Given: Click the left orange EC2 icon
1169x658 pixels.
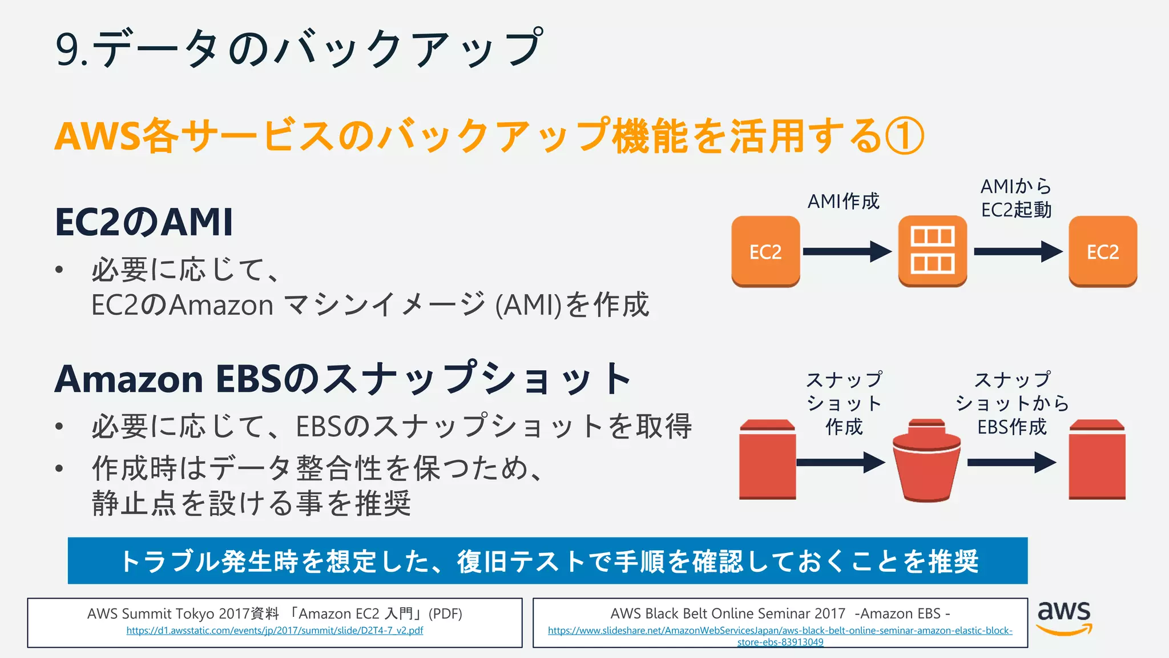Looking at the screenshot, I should tap(765, 251).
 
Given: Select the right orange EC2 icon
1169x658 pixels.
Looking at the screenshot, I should tap(1102, 251).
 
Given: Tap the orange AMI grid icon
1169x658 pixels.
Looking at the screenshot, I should tap(932, 251).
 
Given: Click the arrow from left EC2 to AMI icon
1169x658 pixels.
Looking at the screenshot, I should tap(846, 251).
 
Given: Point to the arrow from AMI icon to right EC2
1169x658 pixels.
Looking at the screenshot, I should tap(1018, 251).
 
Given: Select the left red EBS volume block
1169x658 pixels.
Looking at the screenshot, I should tap(767, 460).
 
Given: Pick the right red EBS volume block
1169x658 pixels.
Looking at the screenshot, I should tap(1097, 460).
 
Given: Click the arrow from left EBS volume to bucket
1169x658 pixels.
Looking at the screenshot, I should tap(840, 462).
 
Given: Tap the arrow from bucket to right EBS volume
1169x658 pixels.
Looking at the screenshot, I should tap(1011, 462).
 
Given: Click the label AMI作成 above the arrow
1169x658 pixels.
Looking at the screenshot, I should tap(843, 201).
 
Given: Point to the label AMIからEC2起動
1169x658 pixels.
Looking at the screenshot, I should tap(1016, 198).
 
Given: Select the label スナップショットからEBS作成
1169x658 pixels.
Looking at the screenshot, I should tap(1012, 403).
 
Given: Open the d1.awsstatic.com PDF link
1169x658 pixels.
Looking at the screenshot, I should tap(275, 631).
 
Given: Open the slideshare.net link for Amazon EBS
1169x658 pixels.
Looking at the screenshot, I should tap(780, 636).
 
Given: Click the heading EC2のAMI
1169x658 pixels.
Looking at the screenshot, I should tap(144, 222).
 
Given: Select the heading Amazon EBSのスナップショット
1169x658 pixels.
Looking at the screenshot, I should tap(342, 379).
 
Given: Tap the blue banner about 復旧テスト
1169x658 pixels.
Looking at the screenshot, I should tap(547, 561).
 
